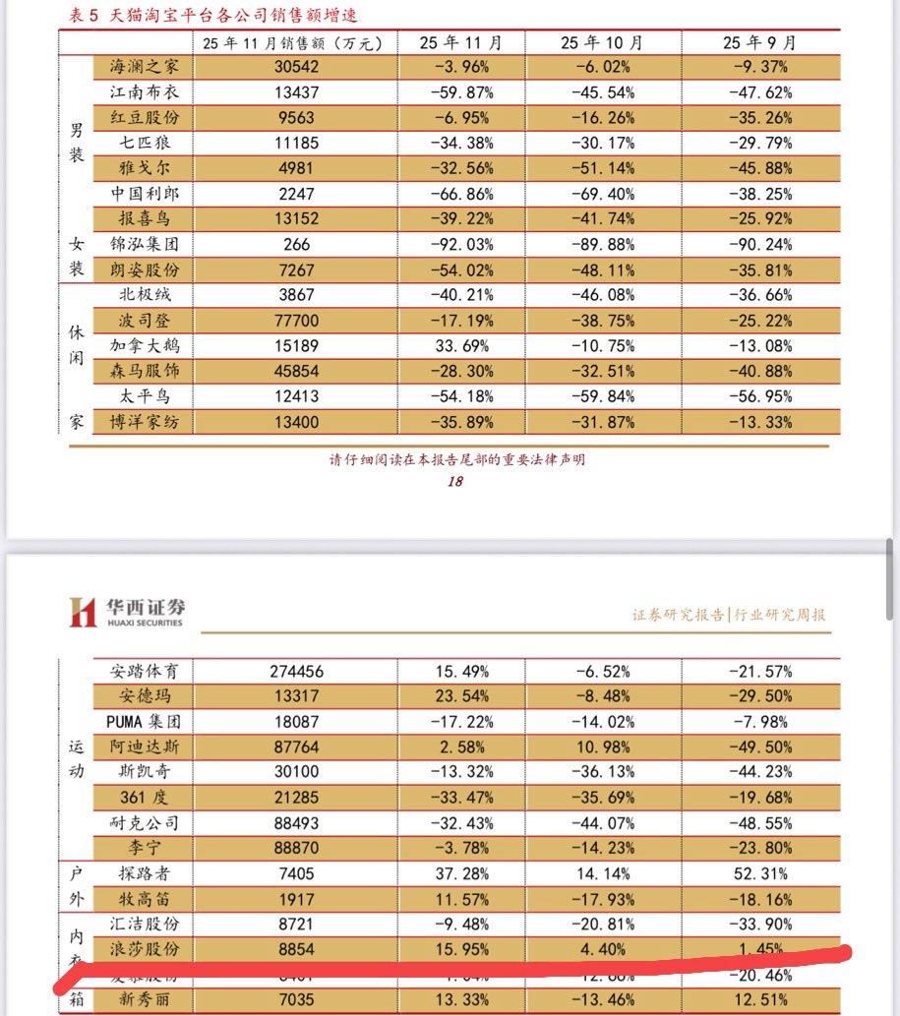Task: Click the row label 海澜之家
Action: pos(145,67)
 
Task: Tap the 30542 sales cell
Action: pos(295,67)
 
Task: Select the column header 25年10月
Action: pos(602,42)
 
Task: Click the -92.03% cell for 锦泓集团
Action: pos(460,244)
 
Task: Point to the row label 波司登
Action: pos(145,321)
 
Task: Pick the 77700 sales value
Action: pos(295,321)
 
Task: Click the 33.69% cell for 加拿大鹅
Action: pos(460,346)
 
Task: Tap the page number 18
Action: pos(454,481)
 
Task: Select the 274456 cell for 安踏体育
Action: pos(295,672)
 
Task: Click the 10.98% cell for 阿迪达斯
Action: pos(602,747)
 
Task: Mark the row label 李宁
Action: pos(145,848)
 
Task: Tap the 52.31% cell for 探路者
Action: pos(759,873)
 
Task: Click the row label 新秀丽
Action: pos(145,1000)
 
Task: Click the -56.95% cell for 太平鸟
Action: pos(759,396)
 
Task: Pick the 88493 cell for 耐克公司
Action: pos(295,822)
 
